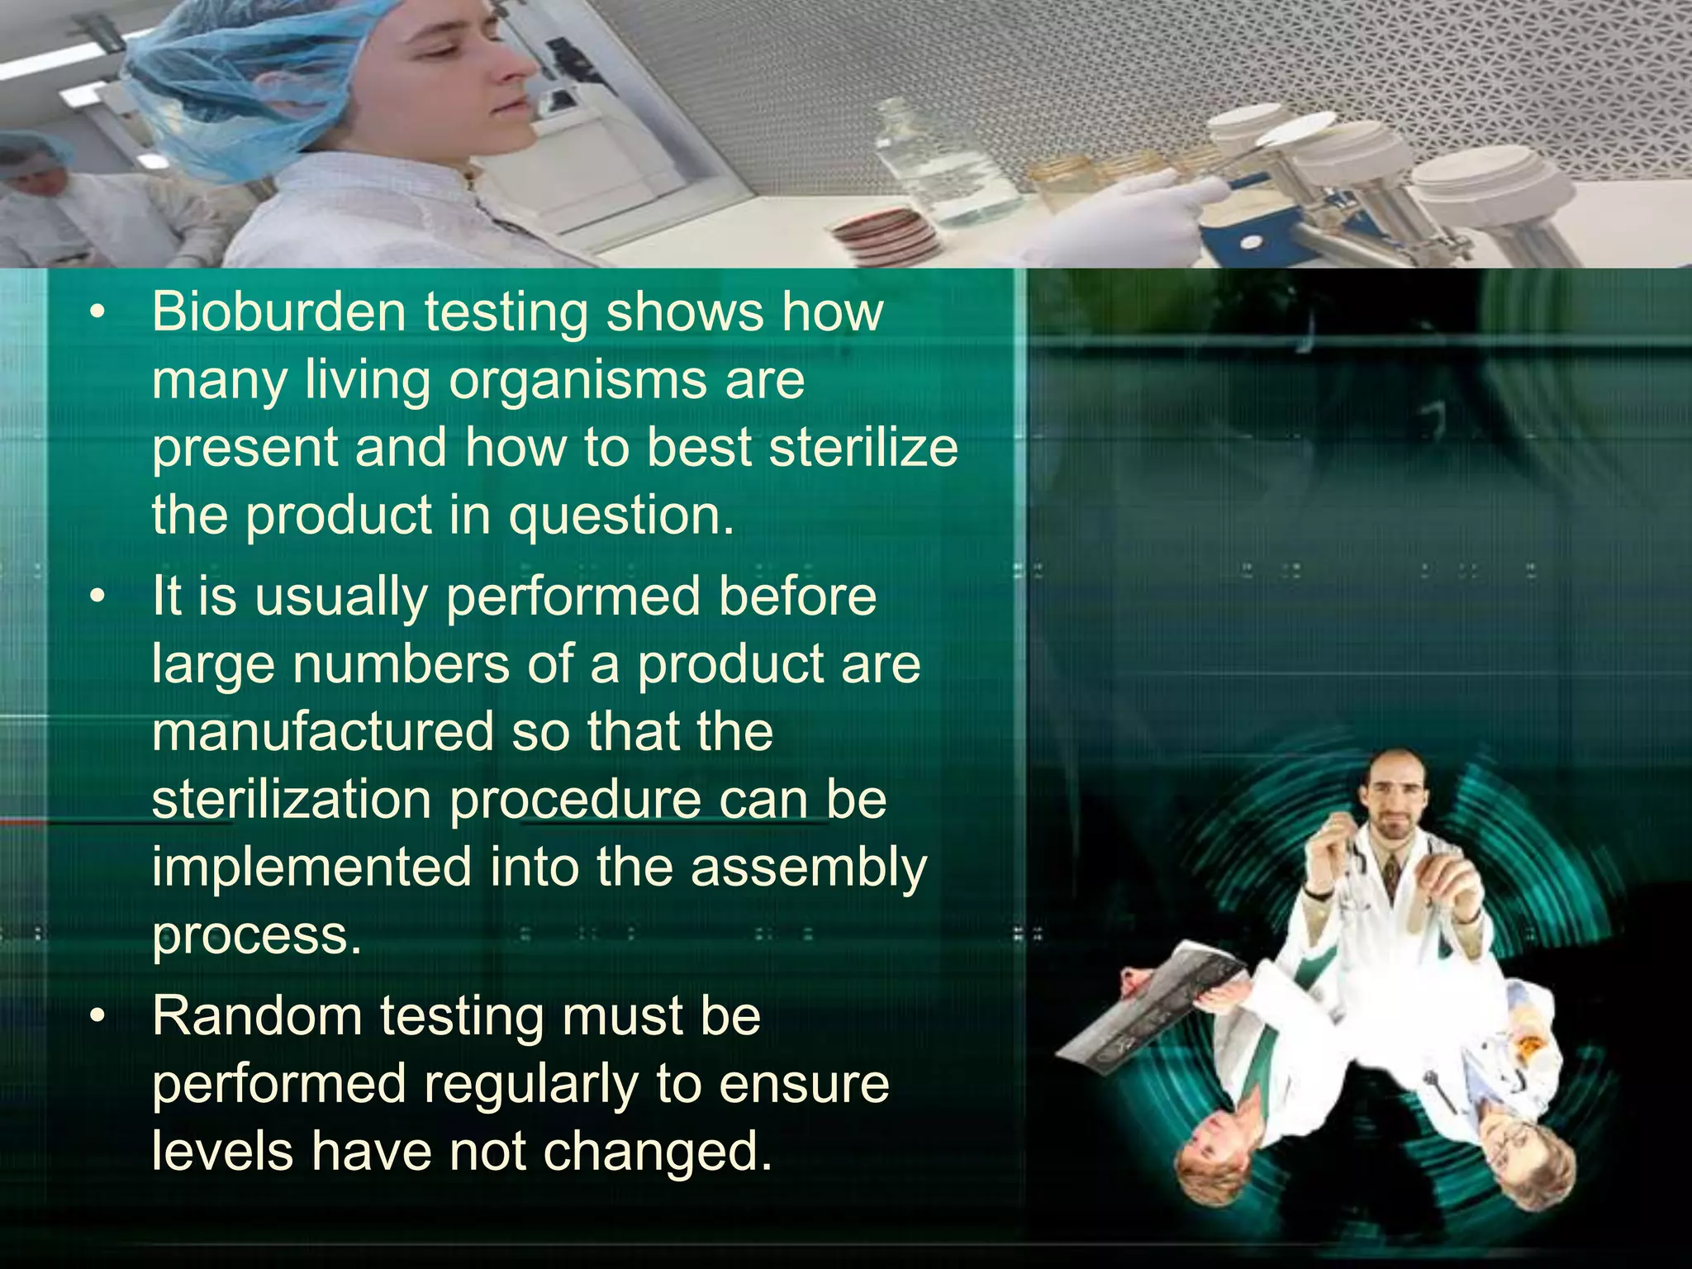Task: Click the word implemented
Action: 311,867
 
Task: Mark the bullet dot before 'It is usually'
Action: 99,596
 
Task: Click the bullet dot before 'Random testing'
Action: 99,1017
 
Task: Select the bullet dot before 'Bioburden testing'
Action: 99,313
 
